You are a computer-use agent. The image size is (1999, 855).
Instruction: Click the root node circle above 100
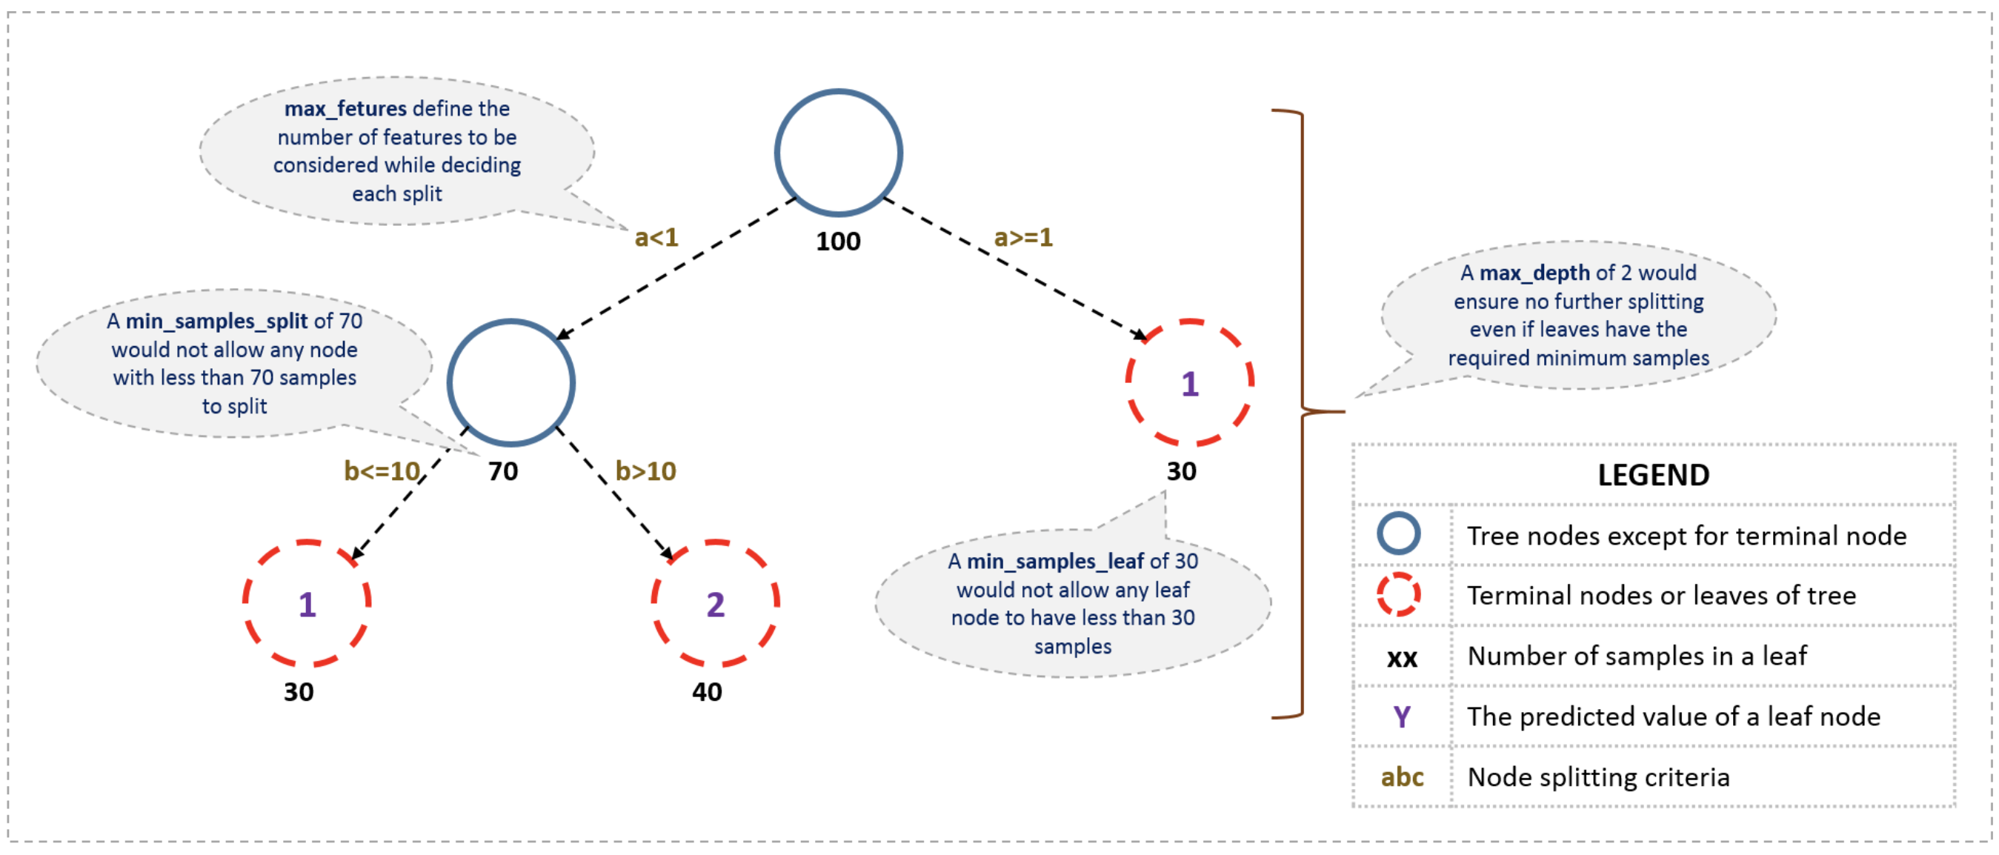tap(838, 153)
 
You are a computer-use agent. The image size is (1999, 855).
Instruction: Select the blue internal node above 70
tap(510, 382)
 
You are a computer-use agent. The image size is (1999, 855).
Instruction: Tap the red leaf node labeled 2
tap(715, 604)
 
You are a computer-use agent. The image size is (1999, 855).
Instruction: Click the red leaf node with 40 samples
tap(715, 604)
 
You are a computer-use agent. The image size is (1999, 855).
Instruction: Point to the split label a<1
tap(656, 237)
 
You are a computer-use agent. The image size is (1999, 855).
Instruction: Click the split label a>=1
tap(1022, 237)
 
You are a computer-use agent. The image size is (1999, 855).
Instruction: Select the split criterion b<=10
tap(382, 471)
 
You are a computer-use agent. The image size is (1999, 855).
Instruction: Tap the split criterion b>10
tap(645, 471)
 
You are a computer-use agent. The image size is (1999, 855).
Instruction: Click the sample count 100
tap(838, 242)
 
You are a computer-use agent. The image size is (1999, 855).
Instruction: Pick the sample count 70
tap(503, 471)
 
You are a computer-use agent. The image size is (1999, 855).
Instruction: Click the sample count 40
tap(707, 691)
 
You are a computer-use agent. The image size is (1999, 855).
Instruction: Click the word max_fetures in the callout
tap(345, 109)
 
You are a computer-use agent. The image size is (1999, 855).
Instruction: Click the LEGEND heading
tap(1653, 475)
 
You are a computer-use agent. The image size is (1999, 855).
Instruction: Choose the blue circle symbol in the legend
tap(1398, 533)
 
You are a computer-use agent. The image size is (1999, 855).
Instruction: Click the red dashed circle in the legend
tap(1398, 594)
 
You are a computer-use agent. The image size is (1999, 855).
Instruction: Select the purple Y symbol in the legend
tap(1402, 716)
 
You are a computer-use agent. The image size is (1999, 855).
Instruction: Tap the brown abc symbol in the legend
tap(1402, 776)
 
